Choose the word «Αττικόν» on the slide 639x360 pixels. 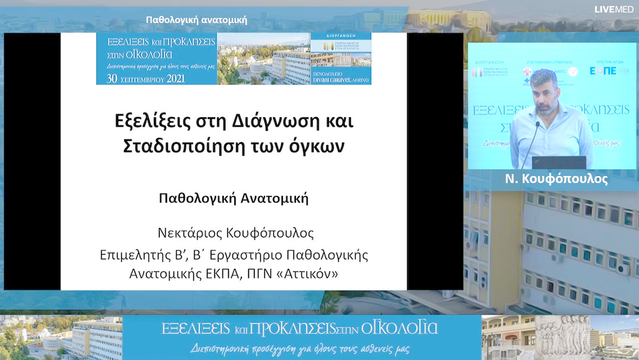[x=310, y=274]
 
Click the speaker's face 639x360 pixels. [x=544, y=90]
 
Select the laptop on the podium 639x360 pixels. [x=559, y=162]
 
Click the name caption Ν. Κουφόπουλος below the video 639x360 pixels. [x=556, y=179]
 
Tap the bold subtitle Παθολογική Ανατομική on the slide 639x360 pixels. [x=234, y=198]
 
